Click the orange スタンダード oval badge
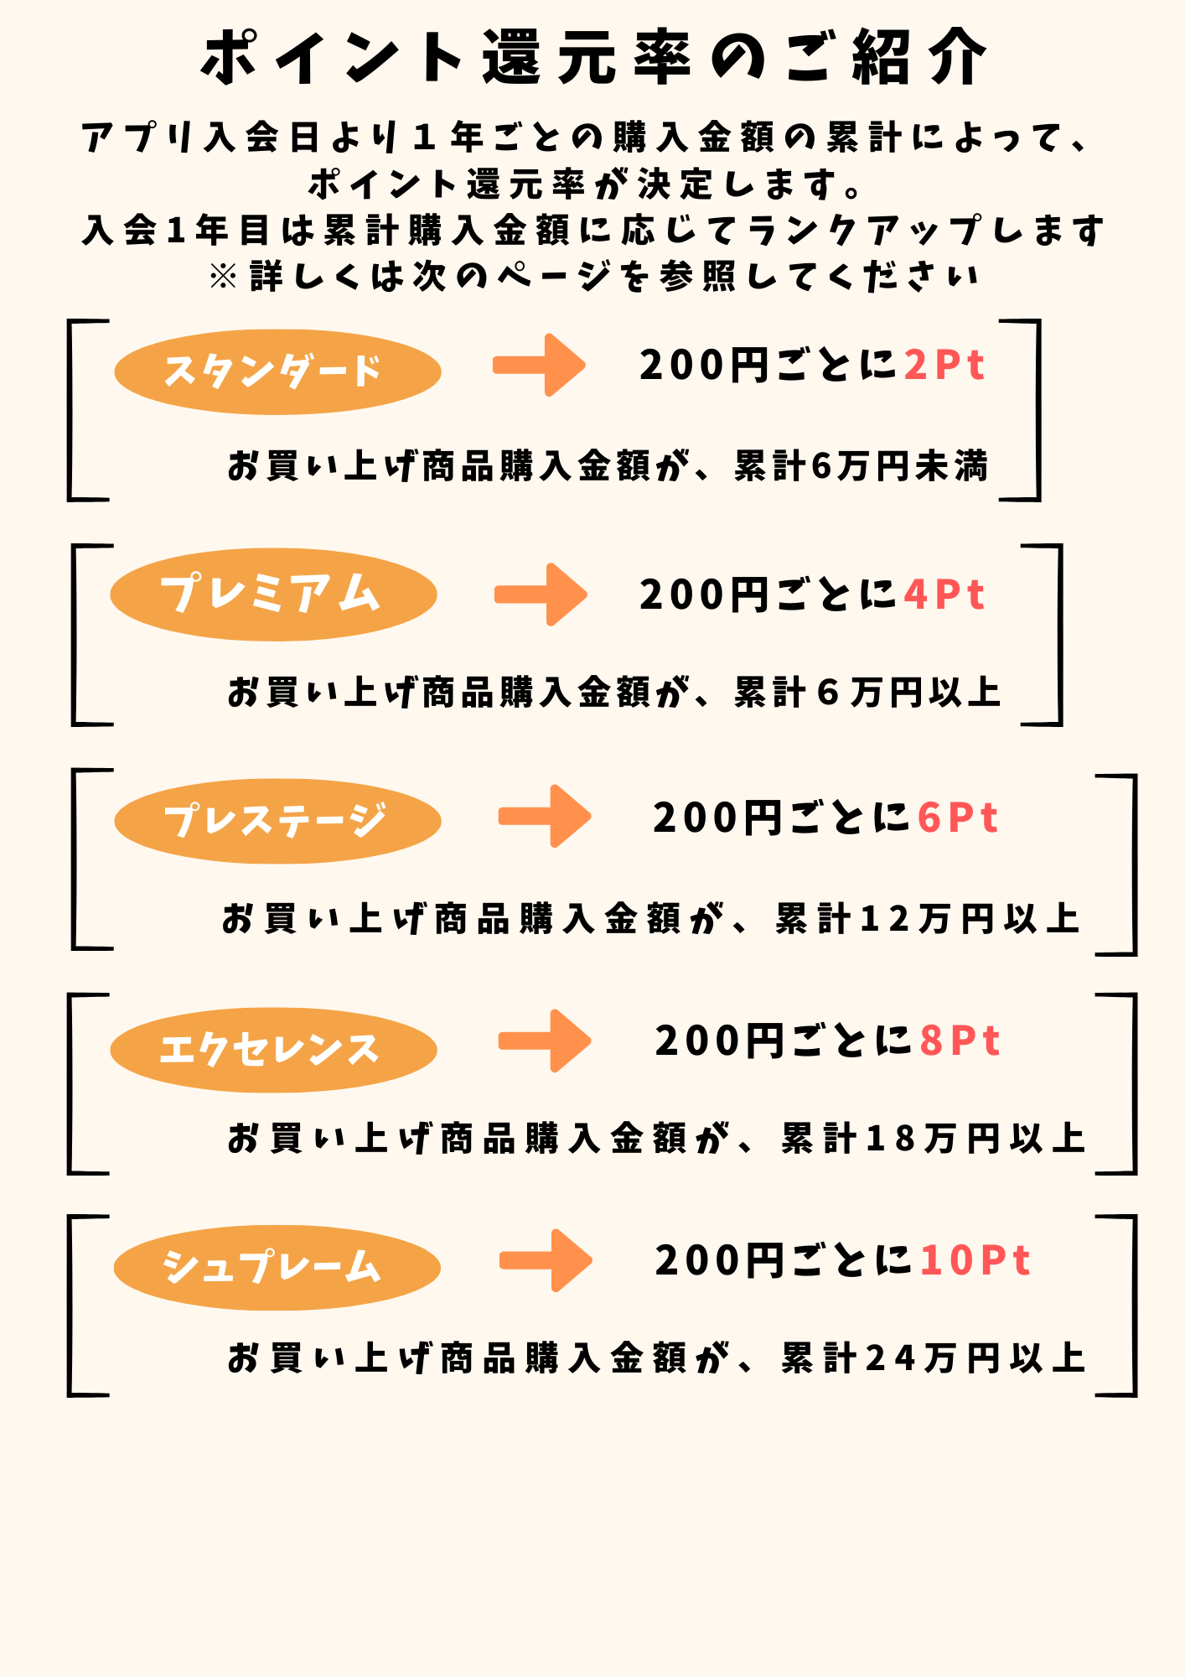coord(277,371)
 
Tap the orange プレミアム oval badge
coord(273,594)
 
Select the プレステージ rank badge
coord(277,821)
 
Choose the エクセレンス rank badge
coord(273,1049)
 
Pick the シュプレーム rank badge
coord(277,1267)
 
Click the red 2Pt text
coord(944,366)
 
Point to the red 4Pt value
coord(944,595)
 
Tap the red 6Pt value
coord(958,818)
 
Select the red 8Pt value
coord(960,1041)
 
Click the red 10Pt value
coord(975,1260)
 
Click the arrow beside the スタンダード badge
coord(539,365)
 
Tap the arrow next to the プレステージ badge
coord(545,816)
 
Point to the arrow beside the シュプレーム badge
coord(546,1260)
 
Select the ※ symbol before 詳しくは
coord(224,276)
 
